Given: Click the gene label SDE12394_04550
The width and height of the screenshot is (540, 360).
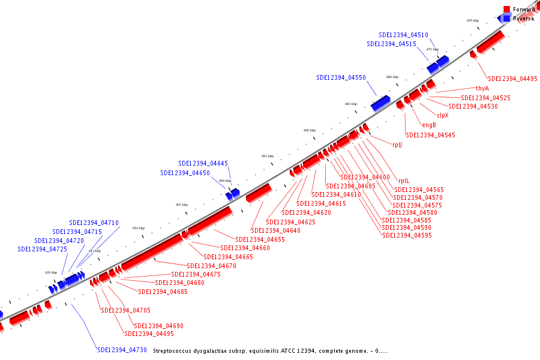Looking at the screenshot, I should [341, 78].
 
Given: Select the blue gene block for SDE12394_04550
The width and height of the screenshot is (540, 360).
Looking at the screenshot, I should [380, 104].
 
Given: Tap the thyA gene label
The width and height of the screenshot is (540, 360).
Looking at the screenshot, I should [482, 88].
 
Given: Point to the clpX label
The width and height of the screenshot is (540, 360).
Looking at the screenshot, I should [443, 115].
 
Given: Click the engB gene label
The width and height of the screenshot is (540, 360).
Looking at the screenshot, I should [429, 125].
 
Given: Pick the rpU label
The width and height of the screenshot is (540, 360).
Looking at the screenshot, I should [397, 145].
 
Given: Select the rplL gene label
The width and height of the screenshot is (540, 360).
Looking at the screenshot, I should [404, 181].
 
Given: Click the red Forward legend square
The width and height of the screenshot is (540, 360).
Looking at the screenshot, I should [506, 10].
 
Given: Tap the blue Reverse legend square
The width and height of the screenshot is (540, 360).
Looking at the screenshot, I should [506, 19].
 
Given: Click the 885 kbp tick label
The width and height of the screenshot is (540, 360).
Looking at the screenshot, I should [351, 104].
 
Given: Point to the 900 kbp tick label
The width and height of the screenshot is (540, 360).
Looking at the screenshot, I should [224, 181].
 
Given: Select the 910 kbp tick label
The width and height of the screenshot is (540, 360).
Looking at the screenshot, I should [139, 228].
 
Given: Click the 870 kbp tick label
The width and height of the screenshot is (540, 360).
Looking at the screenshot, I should [473, 20].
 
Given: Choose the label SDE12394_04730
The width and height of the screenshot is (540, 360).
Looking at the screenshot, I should [122, 350].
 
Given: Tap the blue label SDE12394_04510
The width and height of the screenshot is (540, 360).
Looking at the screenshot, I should [403, 35].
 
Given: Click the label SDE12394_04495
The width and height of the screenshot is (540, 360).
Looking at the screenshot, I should [512, 79].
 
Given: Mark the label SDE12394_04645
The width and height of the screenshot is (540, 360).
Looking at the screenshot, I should [203, 163].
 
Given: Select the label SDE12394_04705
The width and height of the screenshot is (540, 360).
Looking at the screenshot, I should [125, 310].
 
